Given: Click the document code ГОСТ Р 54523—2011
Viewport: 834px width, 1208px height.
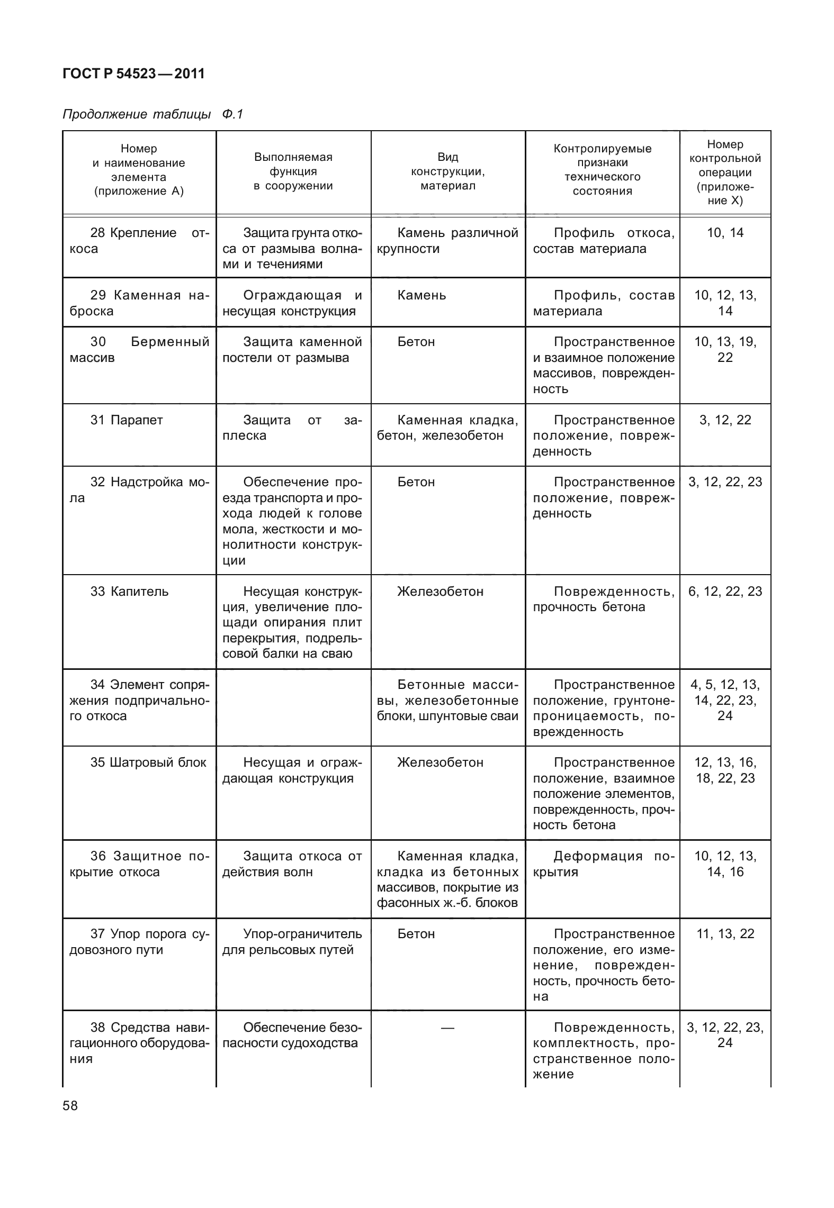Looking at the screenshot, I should (133, 74).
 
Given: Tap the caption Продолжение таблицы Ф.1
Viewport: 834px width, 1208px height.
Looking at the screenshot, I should (153, 114).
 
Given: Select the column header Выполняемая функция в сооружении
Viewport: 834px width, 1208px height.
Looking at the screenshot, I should (293, 171).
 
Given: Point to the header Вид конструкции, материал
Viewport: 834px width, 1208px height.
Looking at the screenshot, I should (448, 171).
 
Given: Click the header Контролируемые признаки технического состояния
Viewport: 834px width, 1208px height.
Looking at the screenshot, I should (602, 170).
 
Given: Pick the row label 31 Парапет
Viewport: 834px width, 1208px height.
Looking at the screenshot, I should (127, 420).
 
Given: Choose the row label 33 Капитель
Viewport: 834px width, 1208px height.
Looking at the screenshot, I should (129, 592).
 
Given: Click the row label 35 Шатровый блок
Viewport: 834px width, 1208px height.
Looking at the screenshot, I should (148, 762).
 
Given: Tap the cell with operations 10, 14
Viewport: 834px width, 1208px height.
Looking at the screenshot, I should (725, 233).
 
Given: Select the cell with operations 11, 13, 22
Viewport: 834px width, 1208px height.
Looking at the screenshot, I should (725, 934).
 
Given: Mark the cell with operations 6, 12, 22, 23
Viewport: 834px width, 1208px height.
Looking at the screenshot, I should (725, 592).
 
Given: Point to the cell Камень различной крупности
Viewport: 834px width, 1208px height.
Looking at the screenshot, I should (447, 241).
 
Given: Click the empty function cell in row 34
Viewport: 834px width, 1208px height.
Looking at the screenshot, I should (293, 707).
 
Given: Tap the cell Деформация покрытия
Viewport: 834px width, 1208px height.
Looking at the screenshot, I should (603, 864).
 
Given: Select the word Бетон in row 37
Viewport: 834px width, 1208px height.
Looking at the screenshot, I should (416, 934).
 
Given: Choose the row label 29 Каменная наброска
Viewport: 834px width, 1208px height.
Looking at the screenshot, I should (139, 303).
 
